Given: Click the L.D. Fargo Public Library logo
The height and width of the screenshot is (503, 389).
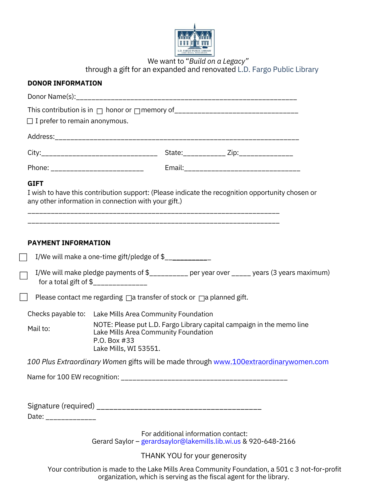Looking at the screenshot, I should pyautogui.click(x=194, y=40).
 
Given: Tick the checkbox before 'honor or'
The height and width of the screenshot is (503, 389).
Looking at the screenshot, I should pyautogui.click(x=100, y=111).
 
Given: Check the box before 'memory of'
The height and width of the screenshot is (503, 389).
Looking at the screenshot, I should pyautogui.click(x=137, y=111).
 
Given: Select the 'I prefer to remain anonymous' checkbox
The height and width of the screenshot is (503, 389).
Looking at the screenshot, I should pyautogui.click(x=30, y=121).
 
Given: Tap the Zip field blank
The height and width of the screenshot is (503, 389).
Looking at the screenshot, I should pyautogui.click(x=266, y=153).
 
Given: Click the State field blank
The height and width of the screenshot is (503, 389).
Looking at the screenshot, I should pyautogui.click(x=204, y=153).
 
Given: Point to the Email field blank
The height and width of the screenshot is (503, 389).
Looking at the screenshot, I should pyautogui.click(x=242, y=169).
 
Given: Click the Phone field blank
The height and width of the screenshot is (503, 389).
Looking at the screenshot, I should pyautogui.click(x=97, y=169).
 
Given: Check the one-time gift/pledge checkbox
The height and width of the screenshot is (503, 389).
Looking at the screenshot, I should pyautogui.click(x=23, y=257).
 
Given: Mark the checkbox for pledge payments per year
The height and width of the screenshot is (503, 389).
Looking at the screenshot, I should pyautogui.click(x=24, y=276).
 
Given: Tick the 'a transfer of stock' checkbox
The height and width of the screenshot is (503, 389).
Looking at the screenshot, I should pyautogui.click(x=129, y=298).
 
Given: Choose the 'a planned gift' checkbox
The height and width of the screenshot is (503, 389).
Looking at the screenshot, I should pyautogui.click(x=202, y=298).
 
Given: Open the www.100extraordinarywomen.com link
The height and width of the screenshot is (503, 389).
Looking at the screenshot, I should pyautogui.click(x=271, y=362).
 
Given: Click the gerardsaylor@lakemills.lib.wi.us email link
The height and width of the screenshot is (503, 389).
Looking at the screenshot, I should pyautogui.click(x=191, y=441).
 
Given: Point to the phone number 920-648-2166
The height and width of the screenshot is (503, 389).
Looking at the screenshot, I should pyautogui.click(x=272, y=441).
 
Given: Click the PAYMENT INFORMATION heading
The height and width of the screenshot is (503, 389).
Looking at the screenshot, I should pyautogui.click(x=69, y=243).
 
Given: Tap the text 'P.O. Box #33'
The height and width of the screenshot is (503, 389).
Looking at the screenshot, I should pyautogui.click(x=114, y=341).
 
